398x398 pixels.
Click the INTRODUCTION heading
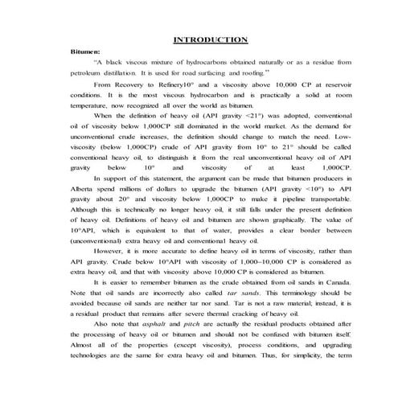211,39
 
